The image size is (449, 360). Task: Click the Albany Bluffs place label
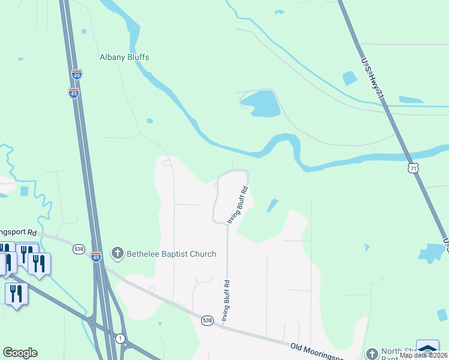point(124,58)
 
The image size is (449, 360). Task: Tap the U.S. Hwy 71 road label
point(372,79)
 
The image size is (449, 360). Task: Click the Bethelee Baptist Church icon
point(118,254)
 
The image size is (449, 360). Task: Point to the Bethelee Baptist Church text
point(171,254)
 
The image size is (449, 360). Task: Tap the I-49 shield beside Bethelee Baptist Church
point(97,257)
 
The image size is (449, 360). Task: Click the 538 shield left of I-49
point(79,249)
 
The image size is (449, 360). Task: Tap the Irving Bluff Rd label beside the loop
point(237,205)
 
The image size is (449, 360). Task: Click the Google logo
point(20,353)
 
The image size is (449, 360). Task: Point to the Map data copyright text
point(423,355)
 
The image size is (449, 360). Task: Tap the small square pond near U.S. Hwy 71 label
point(349,79)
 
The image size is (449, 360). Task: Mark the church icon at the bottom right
point(372,353)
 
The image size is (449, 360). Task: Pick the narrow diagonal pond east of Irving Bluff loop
point(273,206)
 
